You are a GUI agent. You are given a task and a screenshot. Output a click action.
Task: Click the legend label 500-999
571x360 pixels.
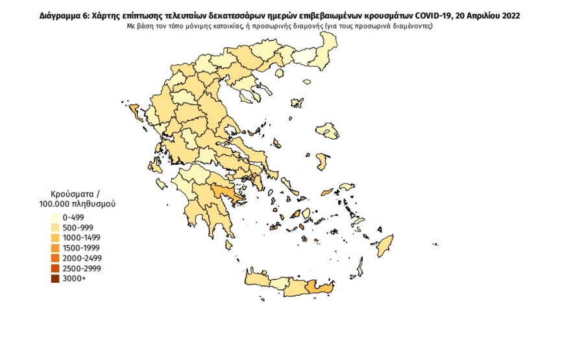79,228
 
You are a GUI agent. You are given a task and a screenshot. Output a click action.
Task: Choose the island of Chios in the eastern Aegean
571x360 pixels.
322,161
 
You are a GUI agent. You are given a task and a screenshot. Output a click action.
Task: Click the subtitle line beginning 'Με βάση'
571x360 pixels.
279,26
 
